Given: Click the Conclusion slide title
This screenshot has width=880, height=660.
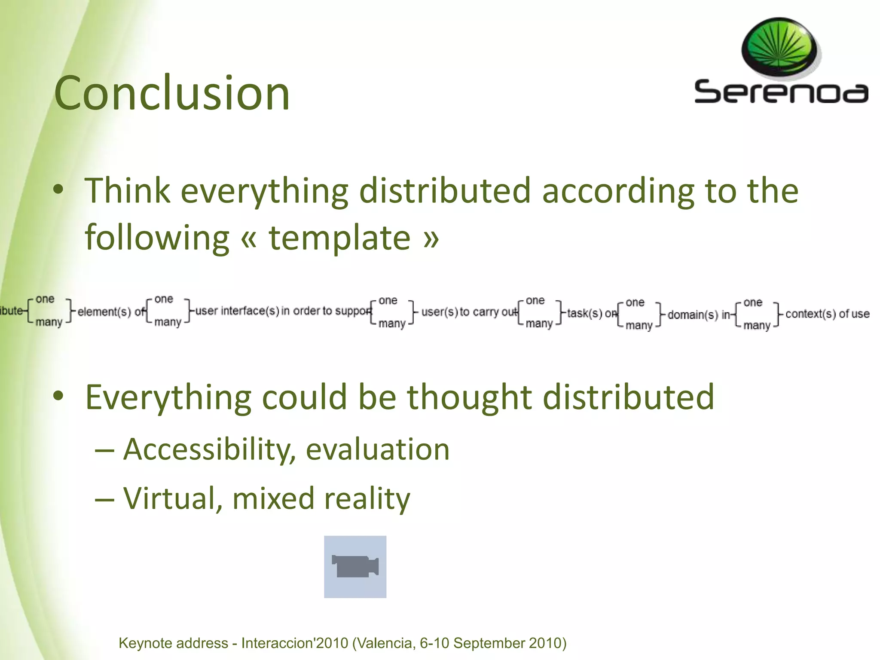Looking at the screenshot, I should [x=172, y=93].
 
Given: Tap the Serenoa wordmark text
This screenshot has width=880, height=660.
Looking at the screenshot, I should [x=781, y=92].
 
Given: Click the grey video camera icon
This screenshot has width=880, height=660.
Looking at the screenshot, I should [x=355, y=566].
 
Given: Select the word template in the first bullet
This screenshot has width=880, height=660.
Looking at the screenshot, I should [x=339, y=238].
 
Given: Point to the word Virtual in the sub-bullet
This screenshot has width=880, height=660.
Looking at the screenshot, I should [x=172, y=498].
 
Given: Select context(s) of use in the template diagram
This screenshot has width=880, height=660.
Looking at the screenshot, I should [x=827, y=314].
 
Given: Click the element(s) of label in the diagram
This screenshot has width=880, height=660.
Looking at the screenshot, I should [x=111, y=312].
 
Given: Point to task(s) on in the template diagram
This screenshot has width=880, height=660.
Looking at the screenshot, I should [x=591, y=313].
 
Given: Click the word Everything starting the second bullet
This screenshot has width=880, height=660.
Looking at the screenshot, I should [x=168, y=397].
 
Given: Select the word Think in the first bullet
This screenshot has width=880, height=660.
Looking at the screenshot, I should [x=127, y=190].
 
